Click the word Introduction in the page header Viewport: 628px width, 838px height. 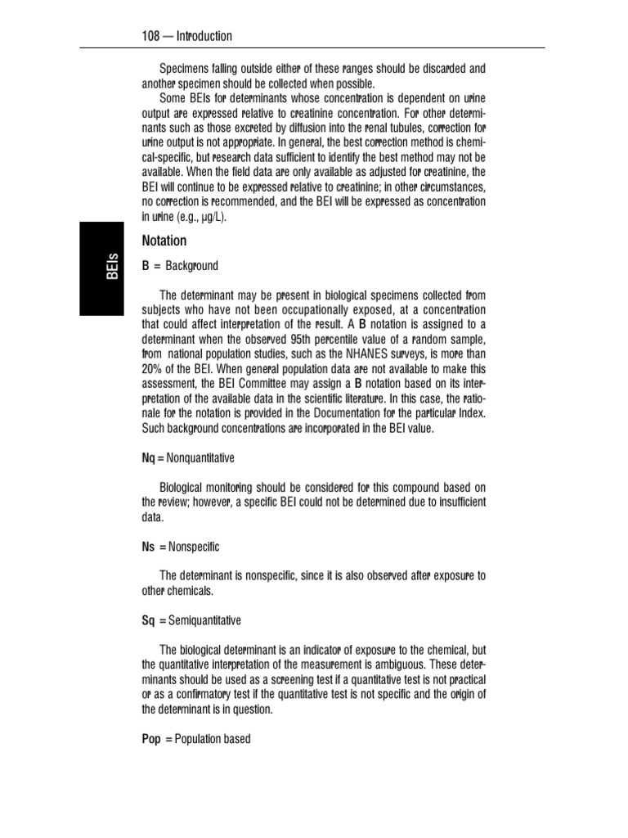pos(204,36)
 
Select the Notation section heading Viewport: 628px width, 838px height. pos(164,241)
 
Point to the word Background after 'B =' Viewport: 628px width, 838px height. pos(192,266)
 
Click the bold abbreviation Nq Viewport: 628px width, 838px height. pos(149,458)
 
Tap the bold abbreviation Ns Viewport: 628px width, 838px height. pos(149,546)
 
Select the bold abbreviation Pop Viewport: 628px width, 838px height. pos(151,739)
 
